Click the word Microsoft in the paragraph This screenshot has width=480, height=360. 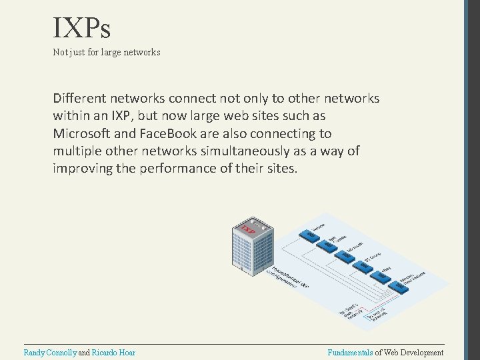click(x=81, y=133)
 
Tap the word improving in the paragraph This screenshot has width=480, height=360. click(x=83, y=168)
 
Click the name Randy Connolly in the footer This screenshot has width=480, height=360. click(x=50, y=352)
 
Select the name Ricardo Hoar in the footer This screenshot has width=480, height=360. click(x=113, y=352)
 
